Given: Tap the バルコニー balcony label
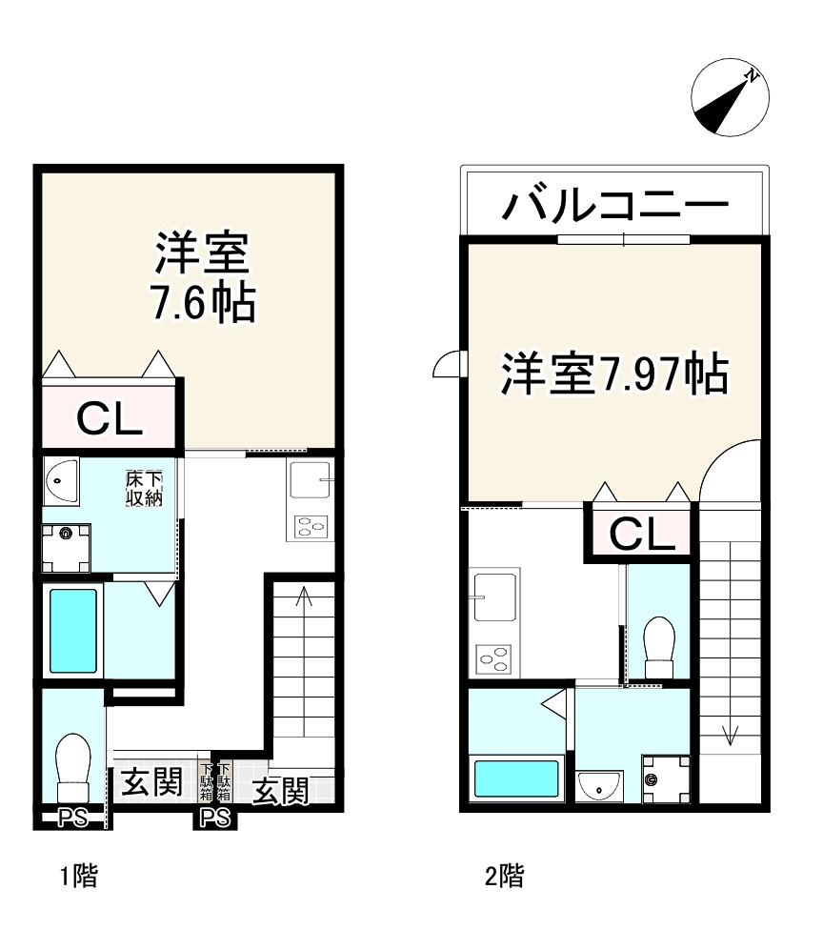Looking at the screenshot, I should (x=616, y=206).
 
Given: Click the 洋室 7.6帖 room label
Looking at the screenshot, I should (x=202, y=277).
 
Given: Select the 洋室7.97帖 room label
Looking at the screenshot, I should (x=615, y=374).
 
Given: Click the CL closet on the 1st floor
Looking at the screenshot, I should (x=109, y=417).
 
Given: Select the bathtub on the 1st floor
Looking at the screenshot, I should (x=71, y=628).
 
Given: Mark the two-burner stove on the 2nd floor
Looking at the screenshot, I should (x=493, y=658).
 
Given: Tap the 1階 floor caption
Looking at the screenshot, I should (x=79, y=876).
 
